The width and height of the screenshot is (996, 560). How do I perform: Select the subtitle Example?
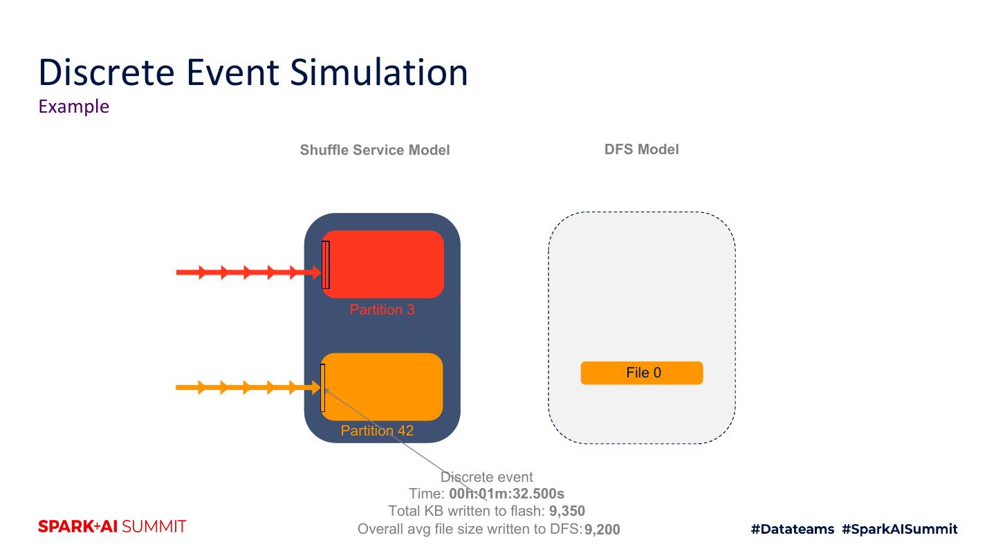pyautogui.click(x=74, y=106)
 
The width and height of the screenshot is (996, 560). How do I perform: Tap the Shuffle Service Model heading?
pyautogui.click(x=375, y=150)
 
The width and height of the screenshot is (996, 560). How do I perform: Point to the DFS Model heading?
pyautogui.click(x=641, y=149)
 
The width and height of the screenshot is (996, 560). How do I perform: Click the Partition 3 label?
pyautogui.click(x=382, y=310)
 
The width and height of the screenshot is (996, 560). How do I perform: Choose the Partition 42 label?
pyautogui.click(x=377, y=431)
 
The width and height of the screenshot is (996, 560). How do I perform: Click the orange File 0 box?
pyautogui.click(x=642, y=373)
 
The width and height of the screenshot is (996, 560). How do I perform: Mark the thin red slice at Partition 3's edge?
pyautogui.click(x=326, y=265)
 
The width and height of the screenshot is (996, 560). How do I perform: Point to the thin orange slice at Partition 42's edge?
pyautogui.click(x=322, y=387)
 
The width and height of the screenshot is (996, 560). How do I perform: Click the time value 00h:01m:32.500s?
pyautogui.click(x=506, y=494)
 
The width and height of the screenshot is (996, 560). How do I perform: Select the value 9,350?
pyautogui.click(x=567, y=512)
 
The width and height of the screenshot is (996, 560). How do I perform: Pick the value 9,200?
pyautogui.click(x=602, y=530)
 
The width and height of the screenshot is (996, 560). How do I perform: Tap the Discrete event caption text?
pyautogui.click(x=487, y=477)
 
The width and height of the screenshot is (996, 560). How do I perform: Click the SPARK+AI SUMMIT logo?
pyautogui.click(x=112, y=527)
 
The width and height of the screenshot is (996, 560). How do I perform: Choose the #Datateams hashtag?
pyautogui.click(x=793, y=530)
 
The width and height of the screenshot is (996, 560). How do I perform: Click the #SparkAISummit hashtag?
pyautogui.click(x=900, y=530)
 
